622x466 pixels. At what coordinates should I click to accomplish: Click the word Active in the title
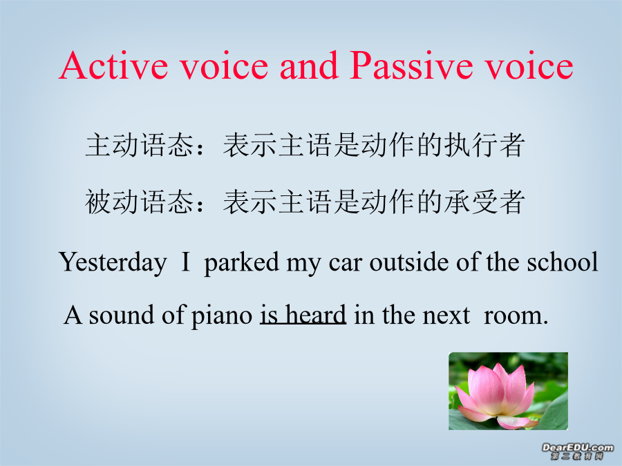click(x=113, y=66)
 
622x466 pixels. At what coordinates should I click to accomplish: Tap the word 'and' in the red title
click(x=309, y=66)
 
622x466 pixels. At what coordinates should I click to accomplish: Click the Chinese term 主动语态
click(x=139, y=145)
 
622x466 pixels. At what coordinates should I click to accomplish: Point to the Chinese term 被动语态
click(x=139, y=202)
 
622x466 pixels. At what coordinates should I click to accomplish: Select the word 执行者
click(x=484, y=145)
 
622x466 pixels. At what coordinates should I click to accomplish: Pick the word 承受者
click(x=484, y=202)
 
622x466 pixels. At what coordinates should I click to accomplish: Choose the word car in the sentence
click(x=346, y=264)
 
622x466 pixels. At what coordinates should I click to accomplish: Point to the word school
click(x=562, y=262)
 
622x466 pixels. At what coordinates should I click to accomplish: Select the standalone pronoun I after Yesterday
click(x=185, y=262)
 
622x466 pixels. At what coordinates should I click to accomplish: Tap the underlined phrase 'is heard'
click(x=303, y=315)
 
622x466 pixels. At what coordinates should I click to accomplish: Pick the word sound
click(x=122, y=315)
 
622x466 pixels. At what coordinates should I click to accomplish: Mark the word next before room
click(x=446, y=316)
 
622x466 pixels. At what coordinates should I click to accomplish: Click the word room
click(x=516, y=316)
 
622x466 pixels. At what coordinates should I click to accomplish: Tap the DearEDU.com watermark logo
click(x=577, y=452)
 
